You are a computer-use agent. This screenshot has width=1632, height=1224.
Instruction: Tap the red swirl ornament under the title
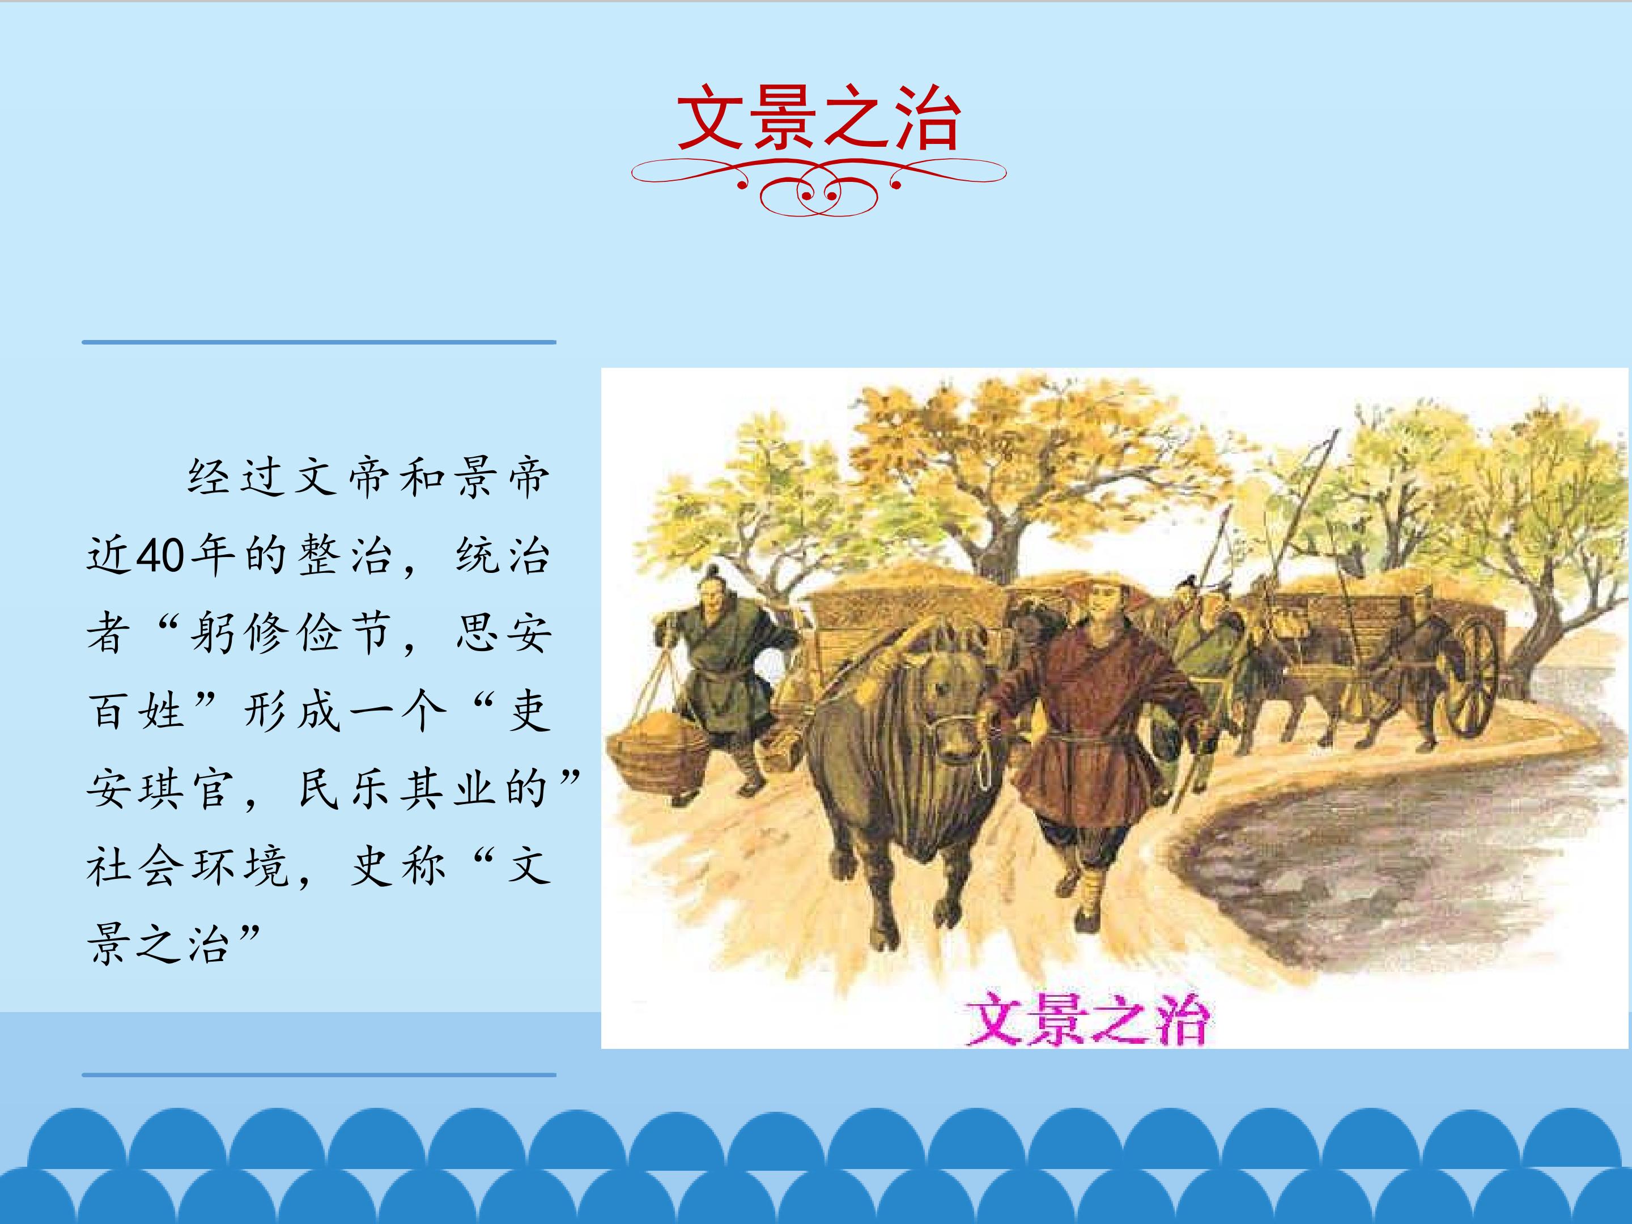(818, 186)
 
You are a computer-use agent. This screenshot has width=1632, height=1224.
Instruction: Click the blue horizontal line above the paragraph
(318, 342)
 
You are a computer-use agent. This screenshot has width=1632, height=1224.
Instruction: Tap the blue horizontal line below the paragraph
(318, 1075)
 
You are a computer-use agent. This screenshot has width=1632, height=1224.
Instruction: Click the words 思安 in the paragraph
(503, 634)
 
